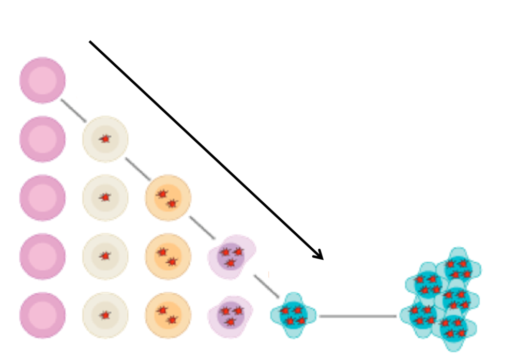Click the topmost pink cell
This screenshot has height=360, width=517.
pyautogui.click(x=42, y=81)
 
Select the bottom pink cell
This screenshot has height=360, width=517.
pyautogui.click(x=42, y=316)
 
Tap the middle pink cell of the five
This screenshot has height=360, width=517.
pyautogui.click(x=42, y=198)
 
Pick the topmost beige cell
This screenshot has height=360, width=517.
pyautogui.click(x=105, y=139)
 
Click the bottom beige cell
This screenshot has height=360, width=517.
pyautogui.click(x=105, y=316)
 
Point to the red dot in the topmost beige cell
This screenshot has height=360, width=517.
pyautogui.click(x=105, y=139)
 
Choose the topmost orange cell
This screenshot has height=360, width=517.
pyautogui.click(x=168, y=198)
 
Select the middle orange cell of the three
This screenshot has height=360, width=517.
pyautogui.click(x=168, y=257)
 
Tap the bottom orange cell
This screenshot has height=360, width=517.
pyautogui.click(x=168, y=316)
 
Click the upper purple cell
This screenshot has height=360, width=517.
pyautogui.click(x=231, y=257)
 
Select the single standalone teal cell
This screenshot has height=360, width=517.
pyautogui.click(x=293, y=316)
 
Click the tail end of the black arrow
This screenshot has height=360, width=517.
pyautogui.click(x=90, y=42)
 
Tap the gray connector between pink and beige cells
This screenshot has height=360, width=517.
pyautogui.click(x=73, y=110)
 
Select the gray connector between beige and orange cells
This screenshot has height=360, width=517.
pyautogui.click(x=138, y=169)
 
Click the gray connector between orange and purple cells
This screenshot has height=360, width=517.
pyautogui.click(x=202, y=228)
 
